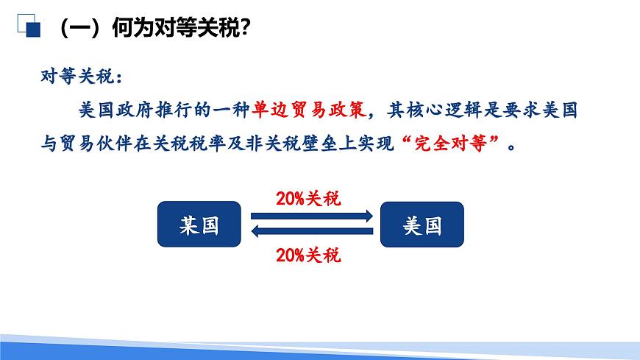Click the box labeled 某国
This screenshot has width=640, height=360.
click(199, 224)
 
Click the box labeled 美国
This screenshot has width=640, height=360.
click(422, 224)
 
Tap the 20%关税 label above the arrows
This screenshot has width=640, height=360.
click(308, 199)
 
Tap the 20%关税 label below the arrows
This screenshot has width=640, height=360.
click(308, 255)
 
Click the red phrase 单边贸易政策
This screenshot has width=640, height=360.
click(308, 110)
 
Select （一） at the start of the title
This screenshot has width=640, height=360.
click(78, 29)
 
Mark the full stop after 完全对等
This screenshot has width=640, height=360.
click(513, 146)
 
